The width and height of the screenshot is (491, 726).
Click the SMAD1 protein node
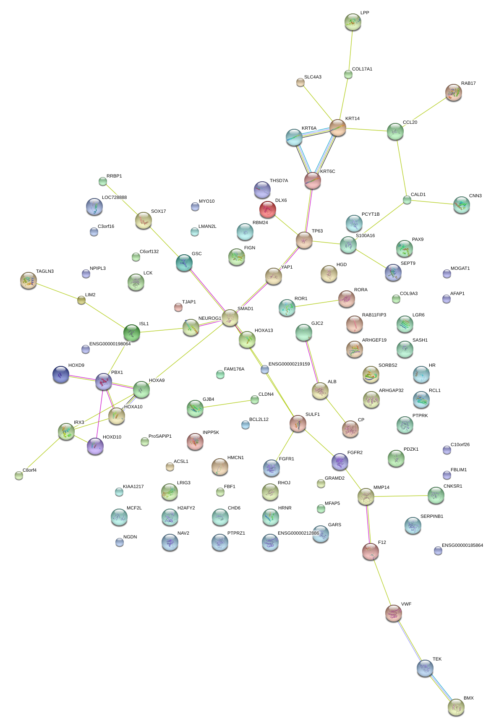230,318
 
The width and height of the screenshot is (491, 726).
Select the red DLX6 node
268,209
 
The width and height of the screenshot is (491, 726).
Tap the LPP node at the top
353,22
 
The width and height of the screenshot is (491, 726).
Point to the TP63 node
304,240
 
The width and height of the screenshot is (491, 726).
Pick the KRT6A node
294,137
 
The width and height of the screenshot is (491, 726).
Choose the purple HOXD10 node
95,446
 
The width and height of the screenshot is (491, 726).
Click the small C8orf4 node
19,475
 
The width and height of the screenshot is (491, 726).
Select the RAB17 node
454,92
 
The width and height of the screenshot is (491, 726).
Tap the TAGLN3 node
29,280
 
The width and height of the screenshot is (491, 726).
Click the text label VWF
406,604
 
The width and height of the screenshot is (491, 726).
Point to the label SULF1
313,415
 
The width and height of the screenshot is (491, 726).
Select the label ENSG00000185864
462,546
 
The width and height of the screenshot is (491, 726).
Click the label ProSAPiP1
160,436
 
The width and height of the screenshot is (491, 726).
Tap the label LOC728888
114,198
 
